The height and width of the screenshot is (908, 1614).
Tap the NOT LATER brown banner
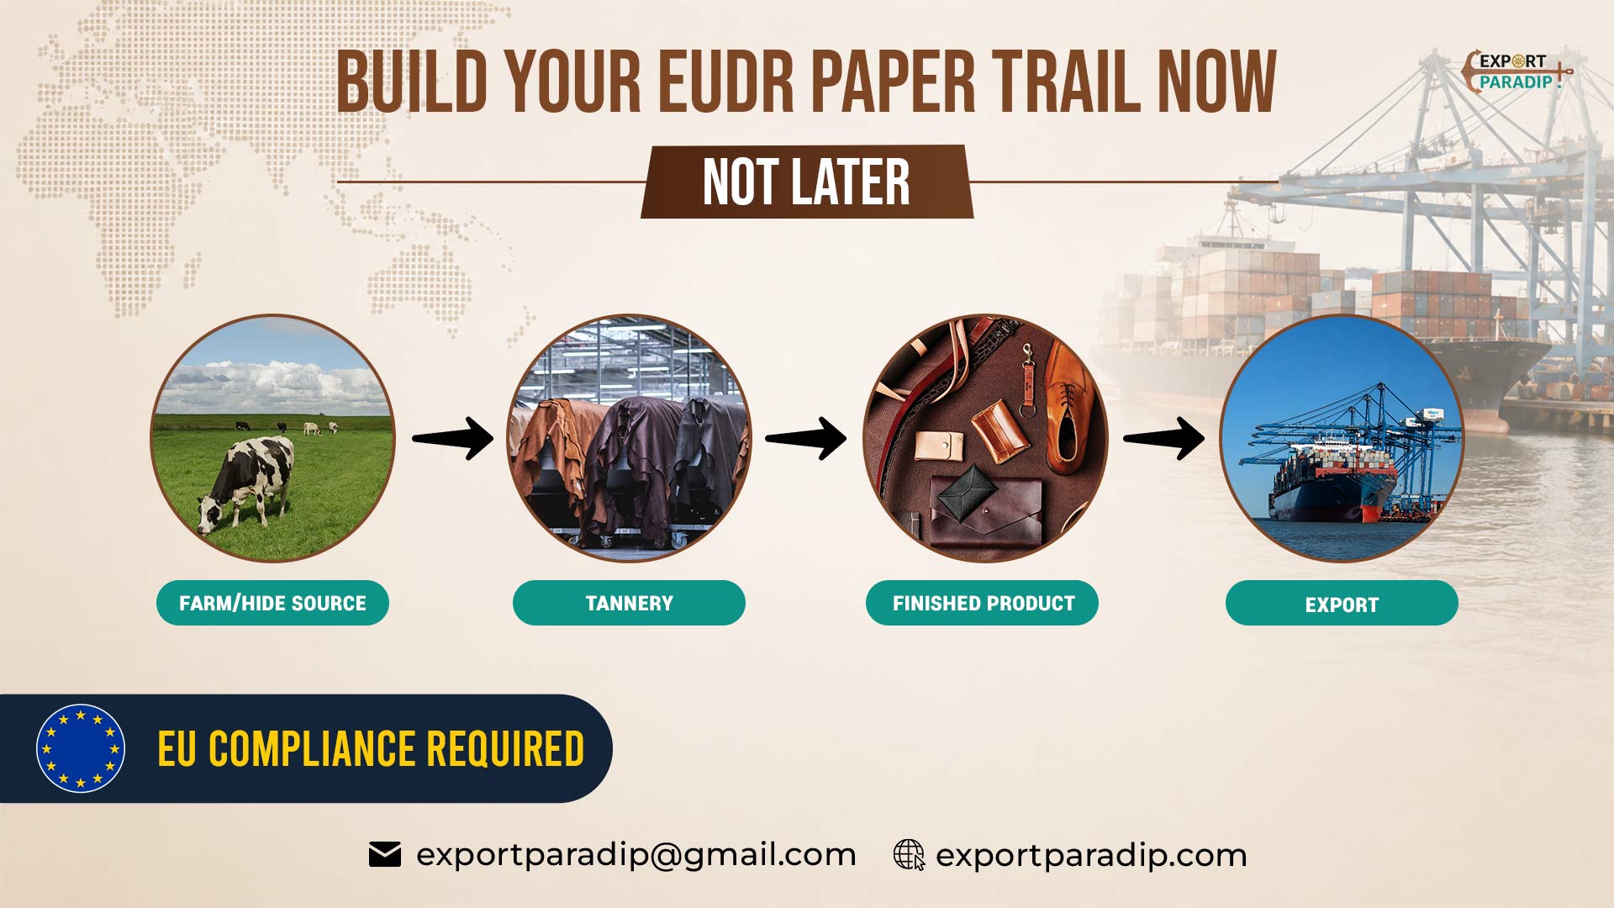pos(807,182)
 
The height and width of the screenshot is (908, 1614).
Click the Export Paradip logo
pos(1516,71)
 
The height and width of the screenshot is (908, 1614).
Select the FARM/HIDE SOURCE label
pos(272,603)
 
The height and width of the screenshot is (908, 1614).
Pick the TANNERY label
pos(629,603)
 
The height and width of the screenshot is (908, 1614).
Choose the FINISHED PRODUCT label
pos(983,603)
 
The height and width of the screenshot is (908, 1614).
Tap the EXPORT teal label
pos(1342,603)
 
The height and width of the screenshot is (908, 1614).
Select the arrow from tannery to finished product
pos(806,438)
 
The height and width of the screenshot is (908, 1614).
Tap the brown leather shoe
pos(1067,408)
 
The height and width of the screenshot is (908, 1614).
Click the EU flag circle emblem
pos(81,748)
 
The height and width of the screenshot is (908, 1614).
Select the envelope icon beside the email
pos(385,854)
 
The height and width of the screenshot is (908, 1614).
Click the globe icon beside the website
pos(909,854)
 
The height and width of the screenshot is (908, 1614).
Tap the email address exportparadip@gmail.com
pos(636,855)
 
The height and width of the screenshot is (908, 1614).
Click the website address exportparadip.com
pos(1091,855)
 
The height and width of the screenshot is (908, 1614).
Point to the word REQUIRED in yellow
pos(505,749)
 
